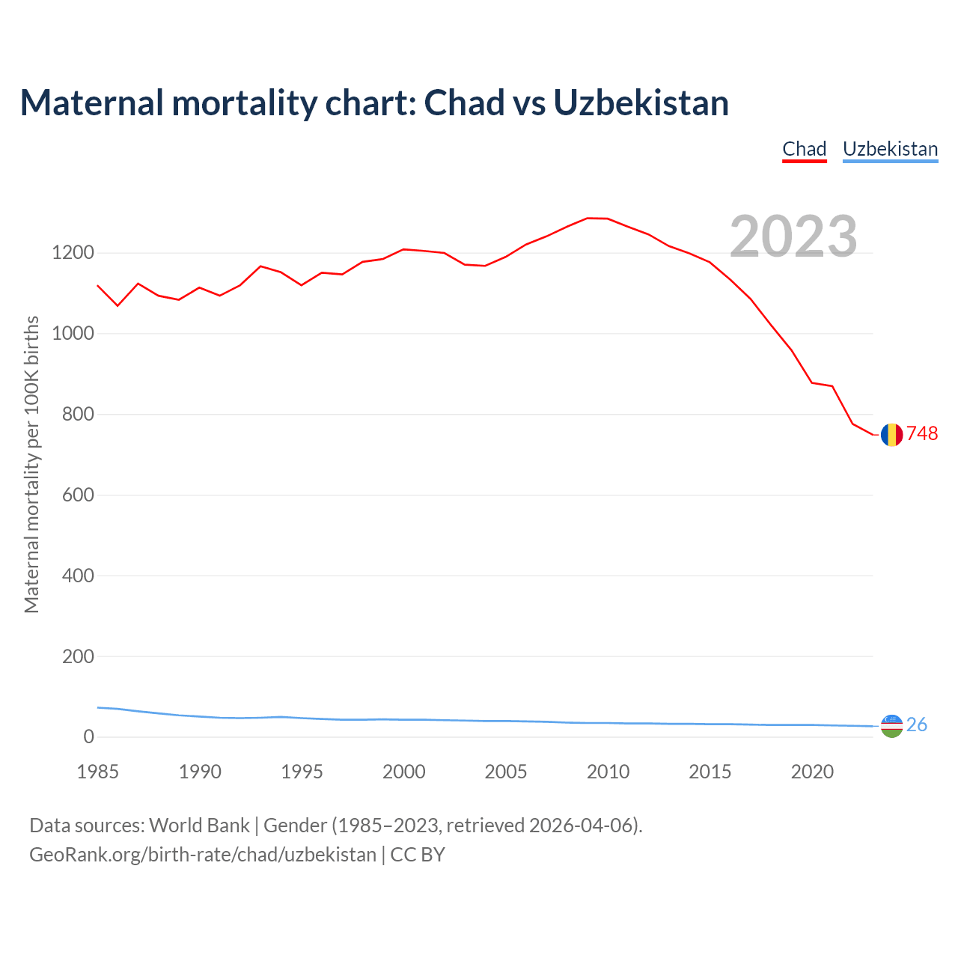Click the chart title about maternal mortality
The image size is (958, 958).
pos(374,103)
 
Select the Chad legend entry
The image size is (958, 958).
pos(804,149)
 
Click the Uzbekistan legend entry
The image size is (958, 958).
pos(890,149)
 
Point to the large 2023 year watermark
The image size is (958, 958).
pos(793,237)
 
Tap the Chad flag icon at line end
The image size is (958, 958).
pos(891,434)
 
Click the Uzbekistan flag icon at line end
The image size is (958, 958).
pos(891,725)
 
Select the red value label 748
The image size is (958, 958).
pos(922,434)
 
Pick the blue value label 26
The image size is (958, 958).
pos(917,725)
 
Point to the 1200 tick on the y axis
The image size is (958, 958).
pos(73,253)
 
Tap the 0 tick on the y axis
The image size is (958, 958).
pos(89,737)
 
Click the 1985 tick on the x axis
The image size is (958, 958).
pos(98,772)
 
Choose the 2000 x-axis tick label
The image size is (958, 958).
pos(404,772)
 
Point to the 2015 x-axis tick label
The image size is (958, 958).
pos(710,772)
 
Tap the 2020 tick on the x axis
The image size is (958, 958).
pos(812,772)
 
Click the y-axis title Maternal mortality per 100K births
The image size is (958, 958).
pos(31,464)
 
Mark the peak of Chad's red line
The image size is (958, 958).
pos(588,219)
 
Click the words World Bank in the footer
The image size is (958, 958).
pos(199,826)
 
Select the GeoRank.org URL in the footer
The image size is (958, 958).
pos(203,855)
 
